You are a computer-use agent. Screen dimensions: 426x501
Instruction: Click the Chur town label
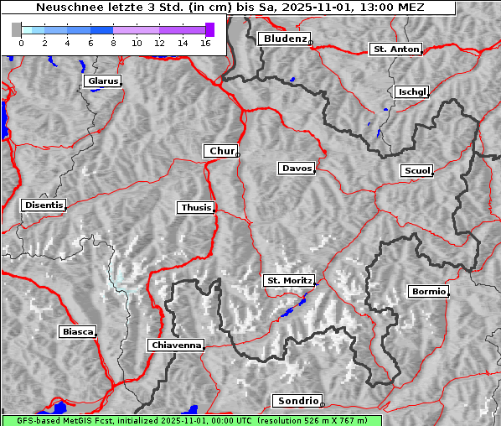tap(221, 151)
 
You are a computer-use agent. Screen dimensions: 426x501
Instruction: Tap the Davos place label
tap(296, 169)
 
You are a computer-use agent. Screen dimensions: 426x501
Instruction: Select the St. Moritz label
tap(288, 280)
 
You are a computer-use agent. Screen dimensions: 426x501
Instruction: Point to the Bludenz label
tap(284, 39)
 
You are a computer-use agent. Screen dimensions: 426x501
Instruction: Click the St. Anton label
tap(395, 49)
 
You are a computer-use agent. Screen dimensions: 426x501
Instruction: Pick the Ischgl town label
tap(411, 91)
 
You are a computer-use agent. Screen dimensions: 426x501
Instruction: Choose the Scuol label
tap(416, 170)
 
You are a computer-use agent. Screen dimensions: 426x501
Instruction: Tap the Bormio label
tap(427, 292)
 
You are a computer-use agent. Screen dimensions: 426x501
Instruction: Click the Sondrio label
tap(297, 401)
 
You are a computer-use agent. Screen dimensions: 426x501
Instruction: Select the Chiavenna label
tap(176, 345)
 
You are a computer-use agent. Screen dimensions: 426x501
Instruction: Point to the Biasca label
tap(77, 332)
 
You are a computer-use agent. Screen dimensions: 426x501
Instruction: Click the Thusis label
tap(196, 207)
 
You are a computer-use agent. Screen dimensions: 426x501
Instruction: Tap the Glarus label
tap(101, 81)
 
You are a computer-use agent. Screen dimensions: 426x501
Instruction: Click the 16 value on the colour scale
tap(205, 43)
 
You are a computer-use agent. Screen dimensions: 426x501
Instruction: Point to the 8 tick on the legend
tap(113, 43)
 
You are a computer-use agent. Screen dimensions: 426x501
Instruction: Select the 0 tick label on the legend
tap(21, 43)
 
